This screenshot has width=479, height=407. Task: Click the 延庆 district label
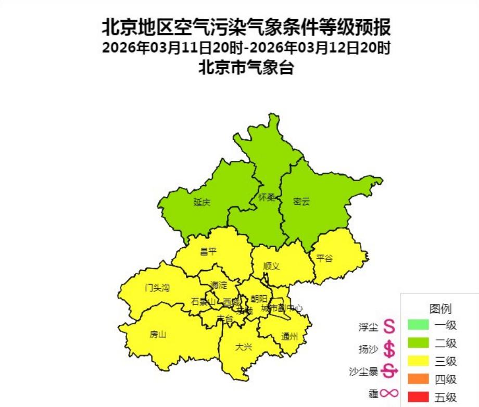coord(201,202)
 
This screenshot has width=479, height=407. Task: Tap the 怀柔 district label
coord(267,198)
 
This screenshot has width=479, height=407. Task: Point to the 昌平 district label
coord(208,252)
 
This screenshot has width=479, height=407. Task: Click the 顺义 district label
coord(271,266)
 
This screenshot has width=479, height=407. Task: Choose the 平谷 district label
coord(324,258)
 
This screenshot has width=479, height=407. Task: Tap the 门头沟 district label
coord(157,288)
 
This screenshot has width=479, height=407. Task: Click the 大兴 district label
coord(243,347)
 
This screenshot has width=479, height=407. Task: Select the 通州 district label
coord(289,336)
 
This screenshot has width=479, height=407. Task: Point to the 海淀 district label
coord(219,285)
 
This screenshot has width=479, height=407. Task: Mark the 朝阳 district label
coord(258,299)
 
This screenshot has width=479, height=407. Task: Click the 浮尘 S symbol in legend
coord(389,327)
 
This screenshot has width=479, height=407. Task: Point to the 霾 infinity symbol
coord(389,394)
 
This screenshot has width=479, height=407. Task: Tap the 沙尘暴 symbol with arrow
coord(389,371)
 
